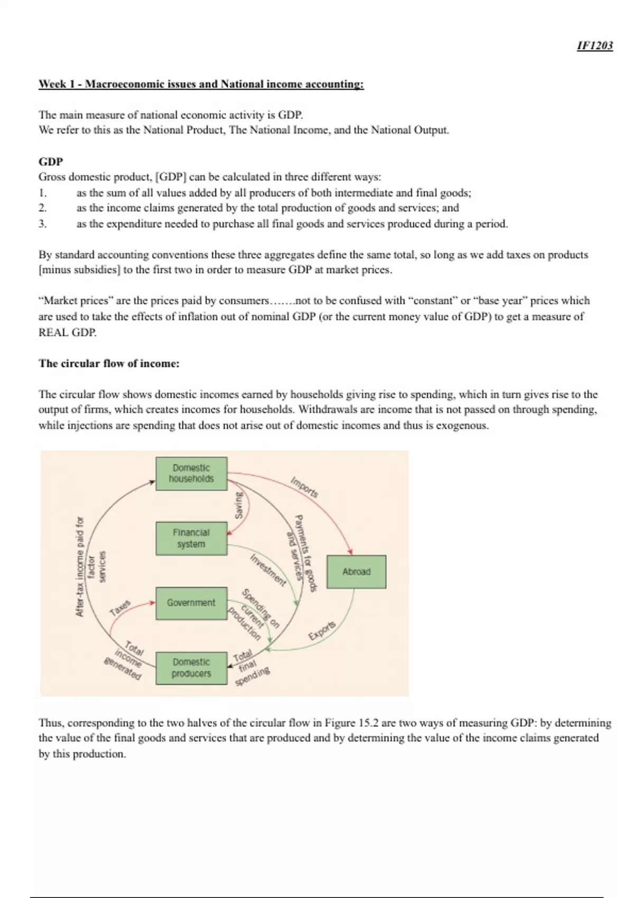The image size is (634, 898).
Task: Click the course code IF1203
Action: tap(594, 45)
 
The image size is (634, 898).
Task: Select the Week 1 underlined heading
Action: tap(201, 84)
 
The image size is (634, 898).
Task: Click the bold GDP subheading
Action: tap(51, 162)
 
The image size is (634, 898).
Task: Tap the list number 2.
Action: tap(43, 208)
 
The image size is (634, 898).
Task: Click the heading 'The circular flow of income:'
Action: tap(109, 363)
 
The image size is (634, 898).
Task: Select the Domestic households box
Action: tap(191, 473)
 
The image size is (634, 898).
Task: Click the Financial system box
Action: tap(191, 538)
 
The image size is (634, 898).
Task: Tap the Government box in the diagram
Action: tap(191, 603)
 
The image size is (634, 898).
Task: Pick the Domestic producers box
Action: tap(191, 668)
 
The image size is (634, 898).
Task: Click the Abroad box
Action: tap(356, 572)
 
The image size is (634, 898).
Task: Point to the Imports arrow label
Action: tap(304, 487)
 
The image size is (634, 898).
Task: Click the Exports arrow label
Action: tap(322, 630)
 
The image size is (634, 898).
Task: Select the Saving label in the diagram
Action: tap(239, 505)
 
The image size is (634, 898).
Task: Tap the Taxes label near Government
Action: tap(120, 608)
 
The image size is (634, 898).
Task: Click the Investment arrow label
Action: tap(268, 570)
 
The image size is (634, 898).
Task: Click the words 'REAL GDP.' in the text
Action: tap(68, 333)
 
